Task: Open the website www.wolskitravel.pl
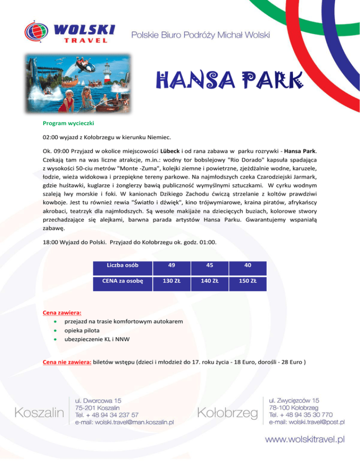coord(305,439)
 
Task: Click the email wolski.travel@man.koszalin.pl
coord(125,422)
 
